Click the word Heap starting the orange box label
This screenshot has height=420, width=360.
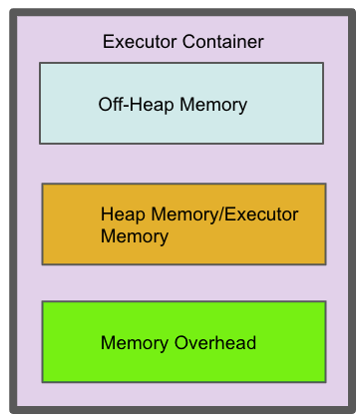point(120,213)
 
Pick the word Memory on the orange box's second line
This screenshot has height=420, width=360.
point(134,236)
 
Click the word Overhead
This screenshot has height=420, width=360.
point(216,343)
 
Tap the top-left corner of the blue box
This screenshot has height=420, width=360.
point(41,64)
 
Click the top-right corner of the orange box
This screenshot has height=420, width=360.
point(325,185)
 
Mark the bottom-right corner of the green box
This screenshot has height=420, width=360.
point(325,381)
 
